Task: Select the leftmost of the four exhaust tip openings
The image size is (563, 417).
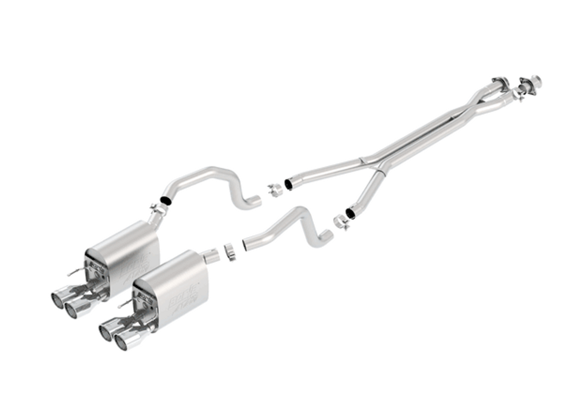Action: pos(57,300)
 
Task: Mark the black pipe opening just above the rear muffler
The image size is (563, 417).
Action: pos(166,200)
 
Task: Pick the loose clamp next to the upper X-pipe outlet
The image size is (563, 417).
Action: pos(275,190)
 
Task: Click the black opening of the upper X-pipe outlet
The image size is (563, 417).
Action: pos(289,184)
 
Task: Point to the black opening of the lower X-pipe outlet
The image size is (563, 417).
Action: pos(350,213)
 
